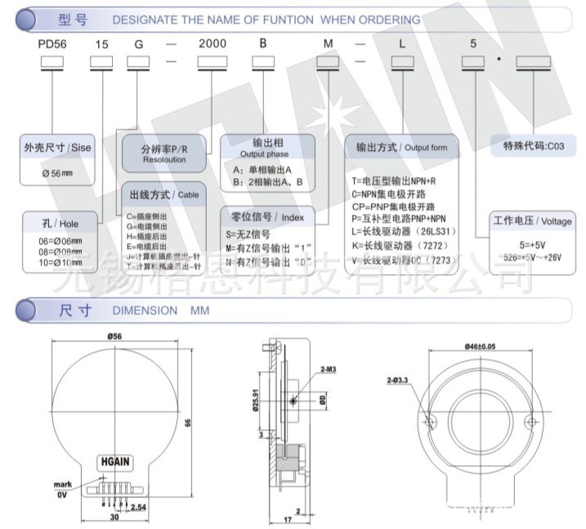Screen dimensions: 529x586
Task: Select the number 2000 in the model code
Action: tap(212, 47)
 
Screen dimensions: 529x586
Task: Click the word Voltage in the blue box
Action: tap(557, 221)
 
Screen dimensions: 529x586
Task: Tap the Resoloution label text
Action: tap(164, 160)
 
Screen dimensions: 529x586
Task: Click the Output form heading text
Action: tap(427, 148)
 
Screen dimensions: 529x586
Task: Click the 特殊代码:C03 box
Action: tap(534, 146)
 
